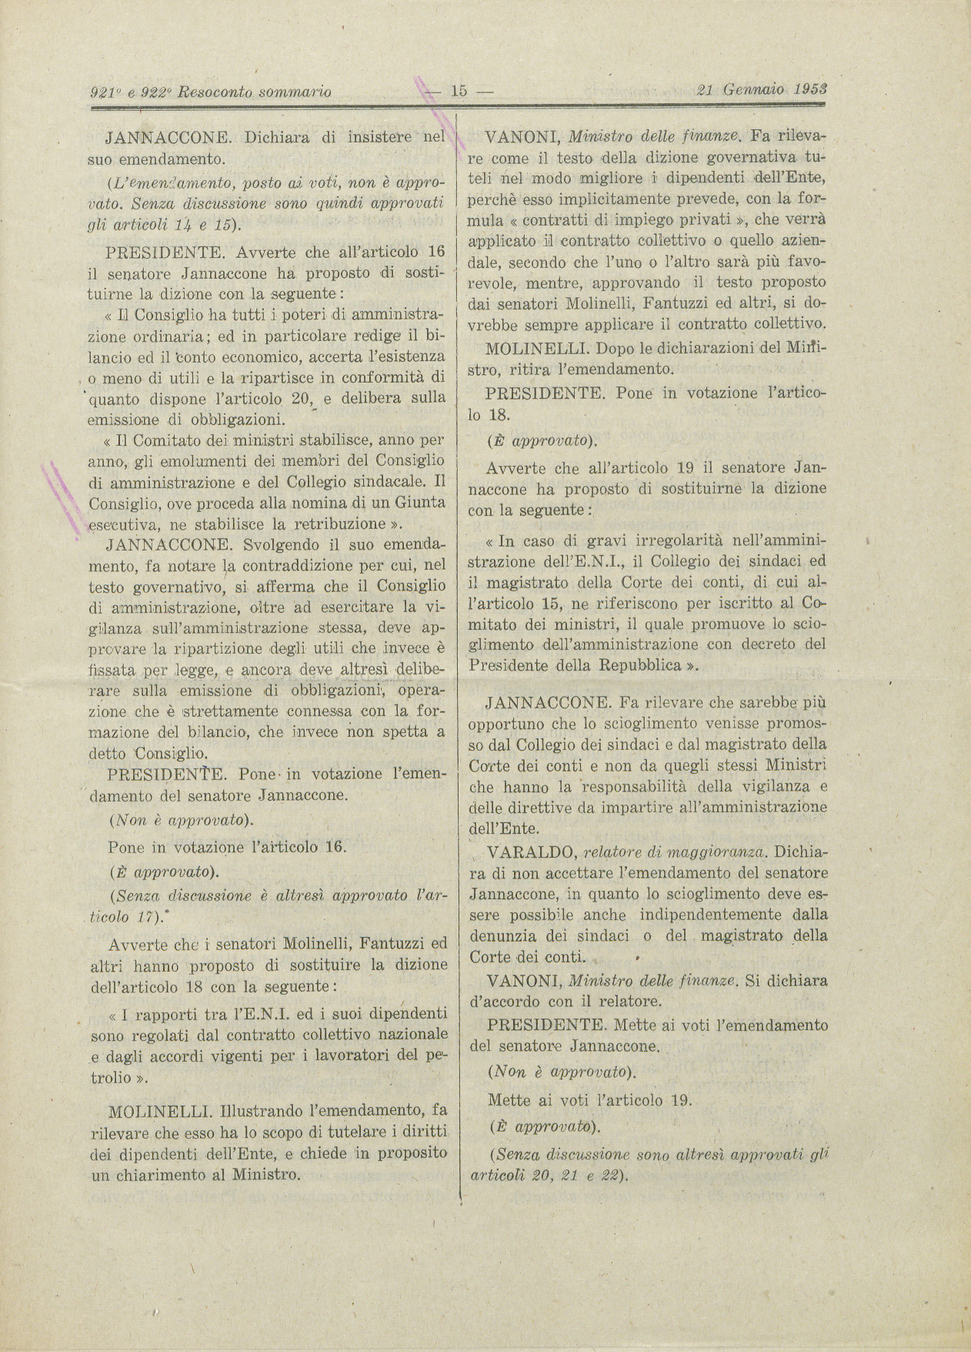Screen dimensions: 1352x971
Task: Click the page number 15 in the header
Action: tap(459, 91)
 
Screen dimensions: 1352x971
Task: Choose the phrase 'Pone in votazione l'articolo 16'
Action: tap(228, 847)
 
